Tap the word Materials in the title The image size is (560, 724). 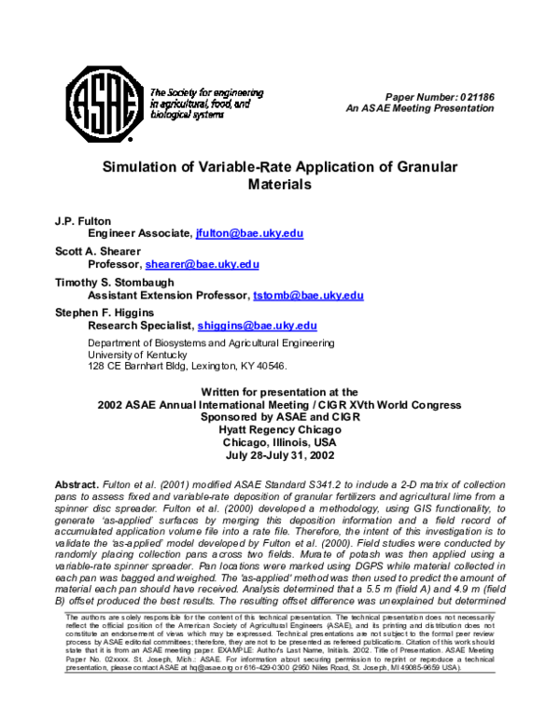coord(279,185)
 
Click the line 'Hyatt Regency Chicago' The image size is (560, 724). coord(279,430)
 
